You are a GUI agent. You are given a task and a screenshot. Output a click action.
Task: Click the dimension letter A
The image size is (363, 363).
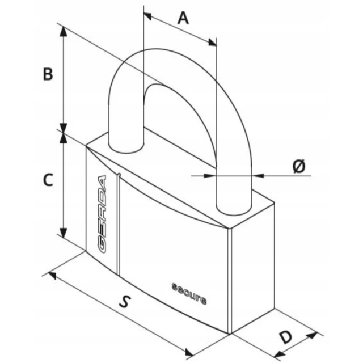click(x=183, y=19)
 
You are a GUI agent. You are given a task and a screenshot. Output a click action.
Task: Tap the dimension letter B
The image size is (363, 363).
click(x=48, y=74)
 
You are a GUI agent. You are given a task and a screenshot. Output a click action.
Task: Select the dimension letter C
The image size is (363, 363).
click(x=48, y=180)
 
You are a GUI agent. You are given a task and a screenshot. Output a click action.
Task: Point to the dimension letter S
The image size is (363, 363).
click(x=125, y=301)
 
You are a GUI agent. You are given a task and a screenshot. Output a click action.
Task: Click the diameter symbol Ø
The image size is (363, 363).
click(x=299, y=166)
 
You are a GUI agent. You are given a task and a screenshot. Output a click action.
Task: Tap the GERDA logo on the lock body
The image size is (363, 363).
click(x=102, y=214)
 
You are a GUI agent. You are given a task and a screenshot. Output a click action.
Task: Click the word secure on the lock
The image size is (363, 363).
click(x=189, y=293)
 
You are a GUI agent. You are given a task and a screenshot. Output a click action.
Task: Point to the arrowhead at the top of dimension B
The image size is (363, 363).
click(x=64, y=31)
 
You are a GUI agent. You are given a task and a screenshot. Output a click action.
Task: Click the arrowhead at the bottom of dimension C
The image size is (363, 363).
click(x=64, y=233)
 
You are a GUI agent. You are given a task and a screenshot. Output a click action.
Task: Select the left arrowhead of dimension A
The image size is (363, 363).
click(x=147, y=16)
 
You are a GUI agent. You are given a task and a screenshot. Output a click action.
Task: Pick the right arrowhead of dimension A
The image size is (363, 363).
click(x=212, y=43)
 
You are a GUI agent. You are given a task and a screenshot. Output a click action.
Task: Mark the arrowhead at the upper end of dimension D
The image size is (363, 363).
click(x=312, y=335)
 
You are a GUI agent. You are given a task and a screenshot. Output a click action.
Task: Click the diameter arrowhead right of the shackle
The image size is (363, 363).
click(x=258, y=176)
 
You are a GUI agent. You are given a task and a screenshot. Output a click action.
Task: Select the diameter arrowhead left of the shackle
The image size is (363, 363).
click(x=210, y=176)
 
